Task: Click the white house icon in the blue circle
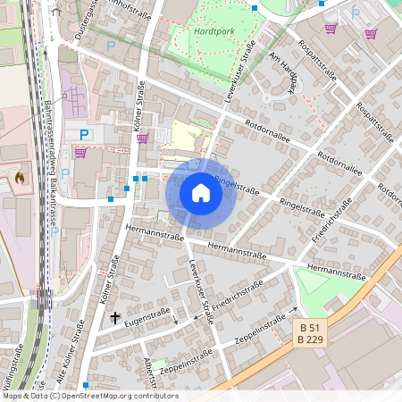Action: tap(201, 193)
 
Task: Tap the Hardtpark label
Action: tap(213, 29)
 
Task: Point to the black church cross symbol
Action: tap(114, 317)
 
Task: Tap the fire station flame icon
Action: tap(20, 178)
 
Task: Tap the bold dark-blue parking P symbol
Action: tap(84, 135)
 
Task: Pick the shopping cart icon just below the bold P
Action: tap(80, 153)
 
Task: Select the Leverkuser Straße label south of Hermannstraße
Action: tap(201, 293)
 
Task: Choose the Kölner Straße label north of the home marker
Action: tap(140, 107)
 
